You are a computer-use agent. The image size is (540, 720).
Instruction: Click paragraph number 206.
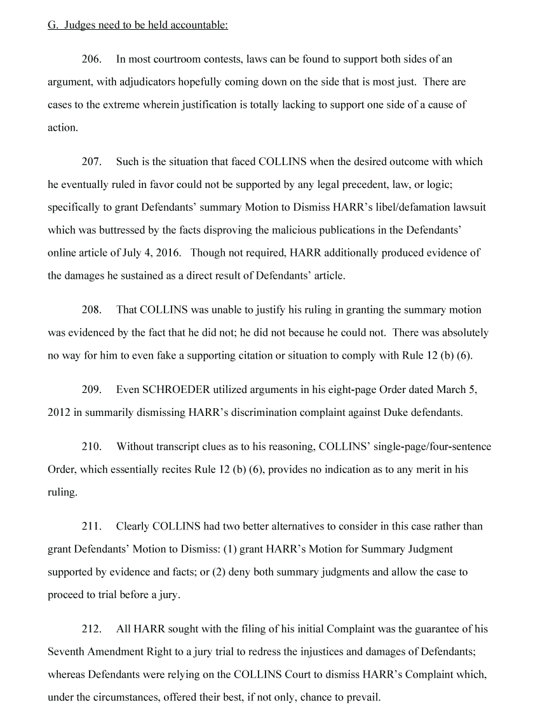pyautogui.click(x=91, y=59)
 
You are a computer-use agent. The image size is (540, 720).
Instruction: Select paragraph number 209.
pyautogui.click(x=91, y=390)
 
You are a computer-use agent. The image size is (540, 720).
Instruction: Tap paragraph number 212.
pyautogui.click(x=91, y=629)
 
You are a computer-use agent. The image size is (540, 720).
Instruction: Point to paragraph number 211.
pyautogui.click(x=91, y=526)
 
